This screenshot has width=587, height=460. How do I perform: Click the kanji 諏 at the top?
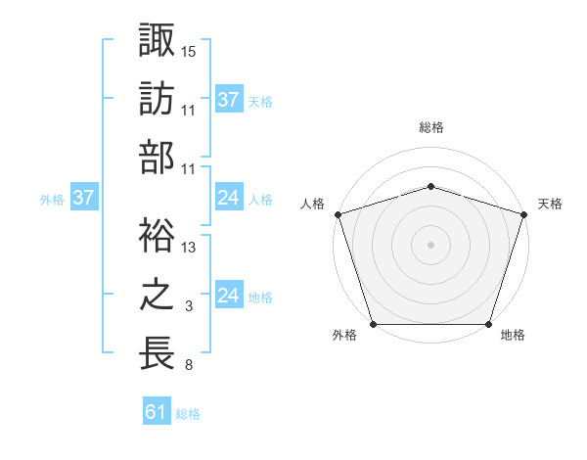pos(157,41)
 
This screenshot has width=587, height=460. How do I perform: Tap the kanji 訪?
pos(157,99)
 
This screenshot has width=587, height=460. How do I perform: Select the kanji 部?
pos(157,158)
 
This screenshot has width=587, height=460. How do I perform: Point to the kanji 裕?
pos(157,235)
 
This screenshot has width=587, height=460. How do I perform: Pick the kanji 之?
pos(157,295)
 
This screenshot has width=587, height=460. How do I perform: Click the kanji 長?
pos(157,353)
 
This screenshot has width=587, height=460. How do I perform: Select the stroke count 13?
pos(189,248)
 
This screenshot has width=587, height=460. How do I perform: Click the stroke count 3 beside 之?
pos(189,307)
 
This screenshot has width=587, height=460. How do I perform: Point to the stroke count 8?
pos(189,366)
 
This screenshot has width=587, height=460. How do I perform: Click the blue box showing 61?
pos(157,412)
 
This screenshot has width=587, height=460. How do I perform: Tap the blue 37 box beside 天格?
pos(228,100)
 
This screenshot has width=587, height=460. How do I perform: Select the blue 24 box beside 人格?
pos(228,198)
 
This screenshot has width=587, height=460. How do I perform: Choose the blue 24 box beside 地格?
pos(228,296)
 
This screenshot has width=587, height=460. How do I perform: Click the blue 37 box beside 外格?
pos(83,198)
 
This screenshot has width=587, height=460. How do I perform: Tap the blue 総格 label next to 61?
pos(188,414)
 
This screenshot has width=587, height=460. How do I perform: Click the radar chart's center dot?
pos(430,245)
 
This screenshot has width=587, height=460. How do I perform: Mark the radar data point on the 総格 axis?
pos(430,186)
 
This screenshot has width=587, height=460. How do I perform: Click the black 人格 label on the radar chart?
pos(313,204)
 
